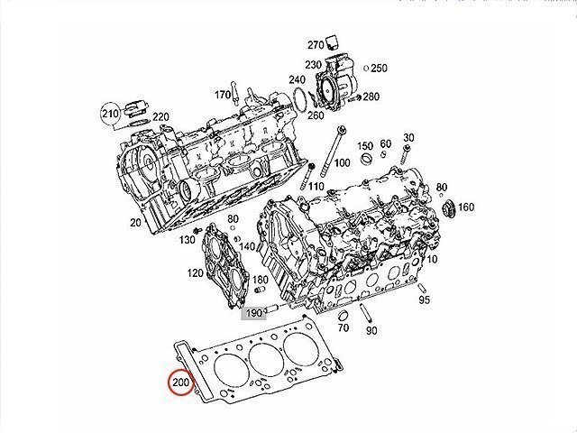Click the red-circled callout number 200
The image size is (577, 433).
(x=180, y=382)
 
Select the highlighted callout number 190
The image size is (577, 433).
(x=254, y=313)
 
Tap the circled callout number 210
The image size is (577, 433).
(x=110, y=114)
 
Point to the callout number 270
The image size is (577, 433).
(x=316, y=45)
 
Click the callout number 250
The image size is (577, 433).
(x=379, y=69)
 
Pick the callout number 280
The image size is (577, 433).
(x=371, y=97)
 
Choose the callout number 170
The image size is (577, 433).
(x=223, y=95)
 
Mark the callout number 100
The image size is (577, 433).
(x=342, y=162)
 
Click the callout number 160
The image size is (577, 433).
(x=466, y=207)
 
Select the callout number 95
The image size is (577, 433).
(x=425, y=299)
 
